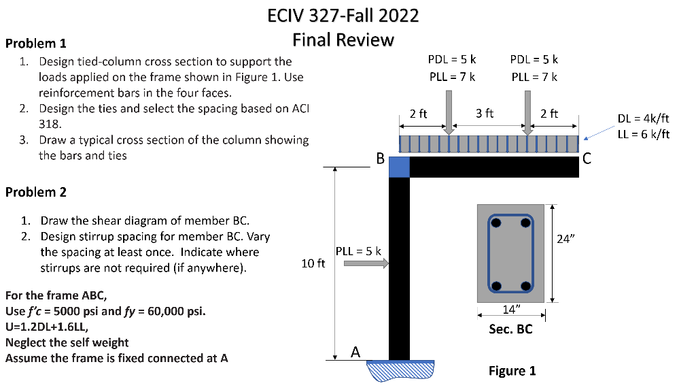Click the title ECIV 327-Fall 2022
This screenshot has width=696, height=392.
point(343,15)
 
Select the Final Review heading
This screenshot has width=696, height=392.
point(343,39)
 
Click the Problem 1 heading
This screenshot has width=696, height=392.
point(35,44)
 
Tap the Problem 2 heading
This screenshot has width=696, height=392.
point(35,192)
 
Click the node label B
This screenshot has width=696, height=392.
point(381,160)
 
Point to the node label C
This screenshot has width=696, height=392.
point(587,160)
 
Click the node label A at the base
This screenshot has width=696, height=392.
point(355,352)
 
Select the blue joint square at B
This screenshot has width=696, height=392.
point(399,167)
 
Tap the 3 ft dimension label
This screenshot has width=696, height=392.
point(485,113)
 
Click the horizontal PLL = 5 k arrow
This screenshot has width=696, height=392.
point(366,264)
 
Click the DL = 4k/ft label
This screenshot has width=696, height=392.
point(643,119)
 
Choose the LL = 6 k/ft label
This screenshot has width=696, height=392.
point(643,134)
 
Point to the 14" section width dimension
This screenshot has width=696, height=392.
point(510,310)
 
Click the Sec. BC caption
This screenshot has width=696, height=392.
point(510,329)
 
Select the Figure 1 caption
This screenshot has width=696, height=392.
point(512,371)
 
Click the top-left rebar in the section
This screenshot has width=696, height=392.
point(497,223)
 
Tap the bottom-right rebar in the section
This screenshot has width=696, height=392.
point(525,285)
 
